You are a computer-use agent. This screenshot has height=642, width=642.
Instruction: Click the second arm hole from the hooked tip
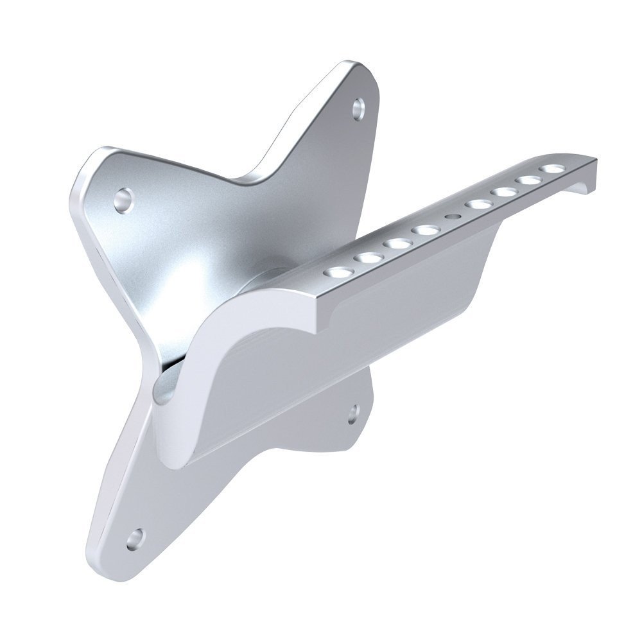528,180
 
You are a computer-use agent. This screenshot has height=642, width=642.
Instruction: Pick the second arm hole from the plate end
368,257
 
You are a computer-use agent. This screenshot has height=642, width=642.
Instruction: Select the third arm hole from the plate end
397,243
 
